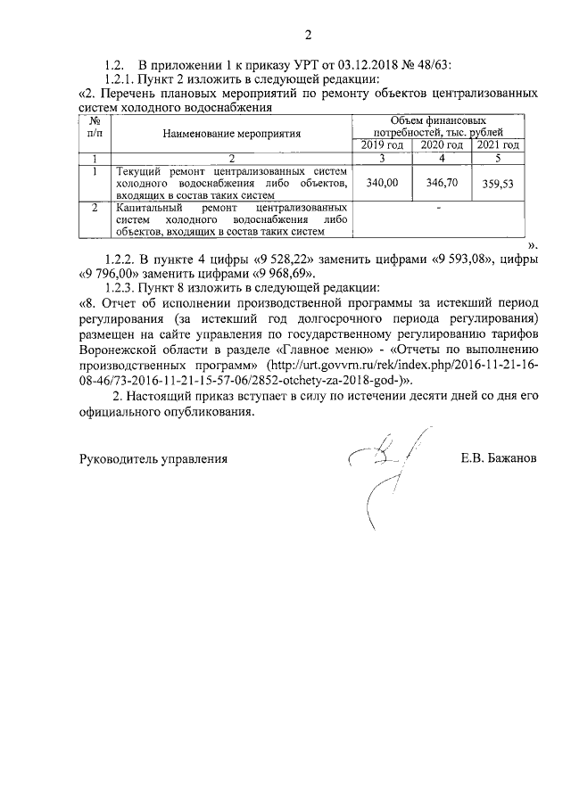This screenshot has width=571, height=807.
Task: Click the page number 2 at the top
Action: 308,37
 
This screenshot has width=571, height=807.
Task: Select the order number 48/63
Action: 432,66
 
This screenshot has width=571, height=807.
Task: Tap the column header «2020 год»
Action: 442,145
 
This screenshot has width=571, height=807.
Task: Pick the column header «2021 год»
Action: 498,145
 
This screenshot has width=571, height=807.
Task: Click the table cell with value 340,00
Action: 384,182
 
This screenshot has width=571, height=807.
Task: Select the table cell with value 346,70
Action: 442,182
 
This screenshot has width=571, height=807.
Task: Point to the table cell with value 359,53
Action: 498,184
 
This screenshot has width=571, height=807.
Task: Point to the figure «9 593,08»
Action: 464,259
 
